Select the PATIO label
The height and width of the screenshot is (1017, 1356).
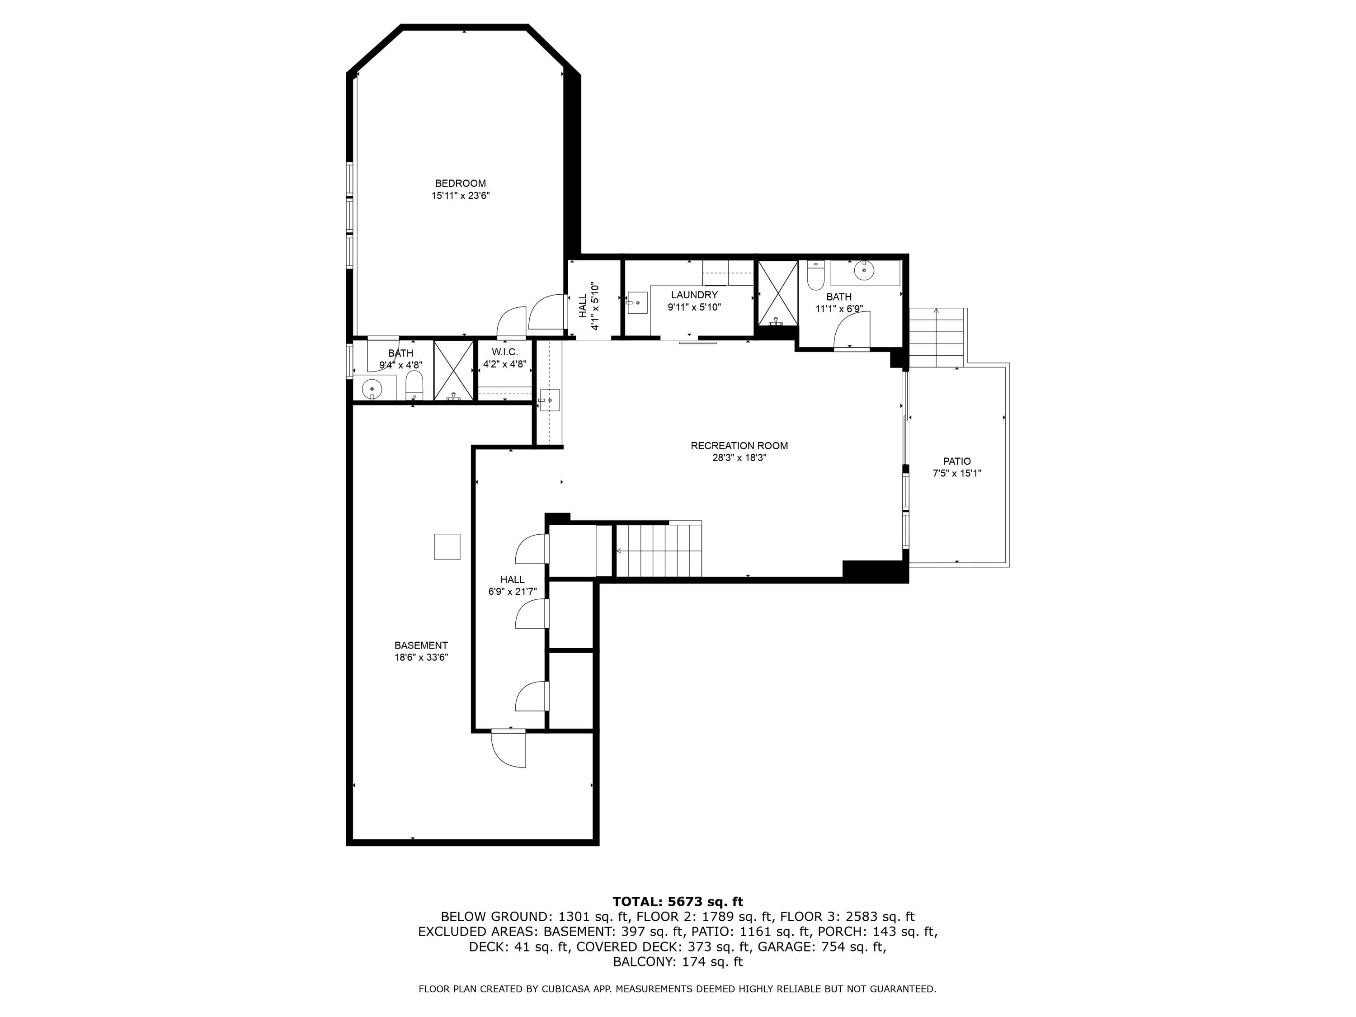(x=957, y=461)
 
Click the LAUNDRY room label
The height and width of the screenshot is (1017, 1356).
(x=694, y=295)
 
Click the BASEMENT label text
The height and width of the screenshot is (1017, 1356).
(x=421, y=645)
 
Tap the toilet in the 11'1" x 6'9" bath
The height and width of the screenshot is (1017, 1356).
(x=815, y=277)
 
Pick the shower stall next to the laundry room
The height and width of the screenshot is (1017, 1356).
(x=778, y=293)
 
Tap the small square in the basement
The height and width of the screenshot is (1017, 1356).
(x=447, y=547)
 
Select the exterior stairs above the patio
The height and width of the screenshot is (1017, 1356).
(x=936, y=337)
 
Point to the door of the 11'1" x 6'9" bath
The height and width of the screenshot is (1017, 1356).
(x=853, y=331)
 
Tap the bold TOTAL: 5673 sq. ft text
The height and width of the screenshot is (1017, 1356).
(x=678, y=902)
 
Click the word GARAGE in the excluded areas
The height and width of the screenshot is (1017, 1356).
(x=780, y=946)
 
